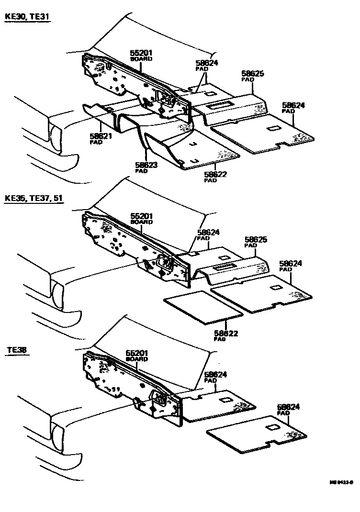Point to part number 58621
(101, 136)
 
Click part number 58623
(146, 165)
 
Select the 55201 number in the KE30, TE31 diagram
(142, 53)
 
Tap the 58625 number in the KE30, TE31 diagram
(253, 74)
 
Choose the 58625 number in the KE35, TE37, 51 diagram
(256, 240)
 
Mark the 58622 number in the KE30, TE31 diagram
(215, 175)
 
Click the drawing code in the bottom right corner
(340, 483)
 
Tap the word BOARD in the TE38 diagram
(136, 359)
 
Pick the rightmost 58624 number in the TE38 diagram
(289, 407)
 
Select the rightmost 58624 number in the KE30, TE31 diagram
(293, 105)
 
